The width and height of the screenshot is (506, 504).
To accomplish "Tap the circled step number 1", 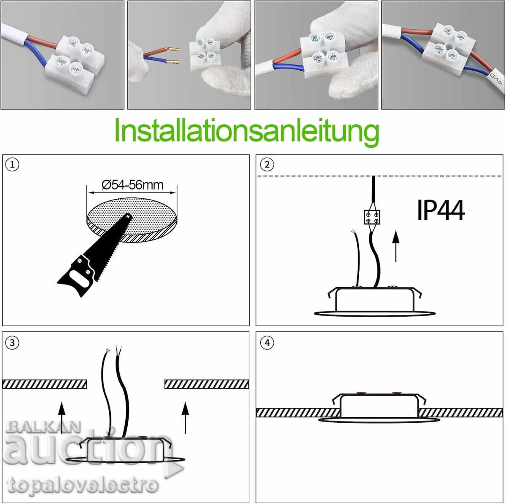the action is point(12,165).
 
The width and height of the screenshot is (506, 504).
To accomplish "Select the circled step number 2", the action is point(267,165).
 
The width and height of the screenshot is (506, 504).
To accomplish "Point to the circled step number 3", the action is point(12,342).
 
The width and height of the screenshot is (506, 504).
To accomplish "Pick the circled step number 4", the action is point(267,342).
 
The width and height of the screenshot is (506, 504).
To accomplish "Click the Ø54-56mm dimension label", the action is point(132,185).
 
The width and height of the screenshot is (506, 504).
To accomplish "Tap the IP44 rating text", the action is point(441,210).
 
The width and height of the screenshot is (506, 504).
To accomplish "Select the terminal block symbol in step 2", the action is point(372,217).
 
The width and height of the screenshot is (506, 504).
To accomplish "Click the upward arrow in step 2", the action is point(396,246).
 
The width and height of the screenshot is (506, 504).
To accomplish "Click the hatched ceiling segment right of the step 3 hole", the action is point(207,384).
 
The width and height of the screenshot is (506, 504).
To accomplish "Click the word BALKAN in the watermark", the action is point(43,427).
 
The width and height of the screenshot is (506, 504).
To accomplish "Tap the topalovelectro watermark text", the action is point(82,485).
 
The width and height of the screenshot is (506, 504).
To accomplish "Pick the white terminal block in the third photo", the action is point(325,55).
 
